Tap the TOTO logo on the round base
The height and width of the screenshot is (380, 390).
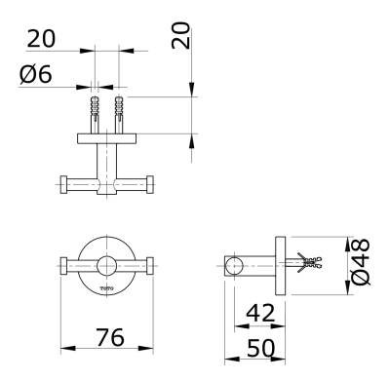pyautogui.click(x=106, y=287)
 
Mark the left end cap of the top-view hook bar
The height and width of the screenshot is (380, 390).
pyautogui.click(x=65, y=183)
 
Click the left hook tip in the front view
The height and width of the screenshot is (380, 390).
pyautogui.click(x=65, y=264)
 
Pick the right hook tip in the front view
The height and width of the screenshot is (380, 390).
pyautogui.click(x=149, y=264)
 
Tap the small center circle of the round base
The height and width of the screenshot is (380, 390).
pyautogui.click(x=107, y=264)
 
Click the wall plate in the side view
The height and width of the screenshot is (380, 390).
pyautogui.click(x=281, y=263)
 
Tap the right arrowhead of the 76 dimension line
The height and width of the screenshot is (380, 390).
pyautogui.click(x=150, y=347)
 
